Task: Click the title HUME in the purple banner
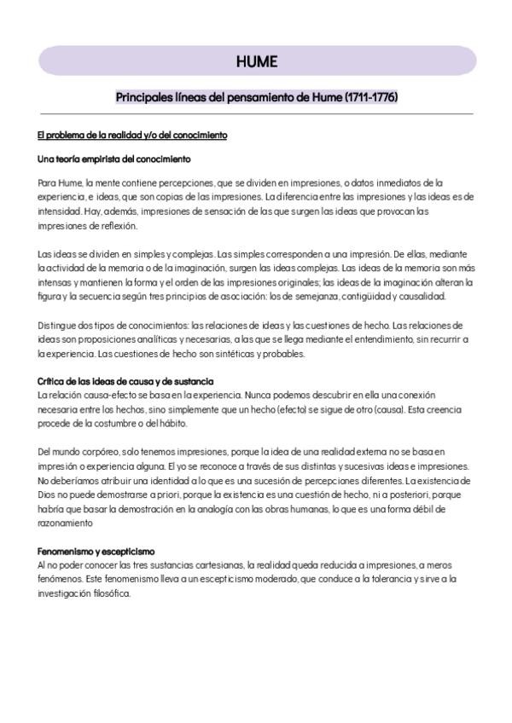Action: [257, 61]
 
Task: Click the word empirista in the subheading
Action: [102, 159]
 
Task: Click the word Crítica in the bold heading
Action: [53, 381]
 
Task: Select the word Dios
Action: [48, 494]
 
